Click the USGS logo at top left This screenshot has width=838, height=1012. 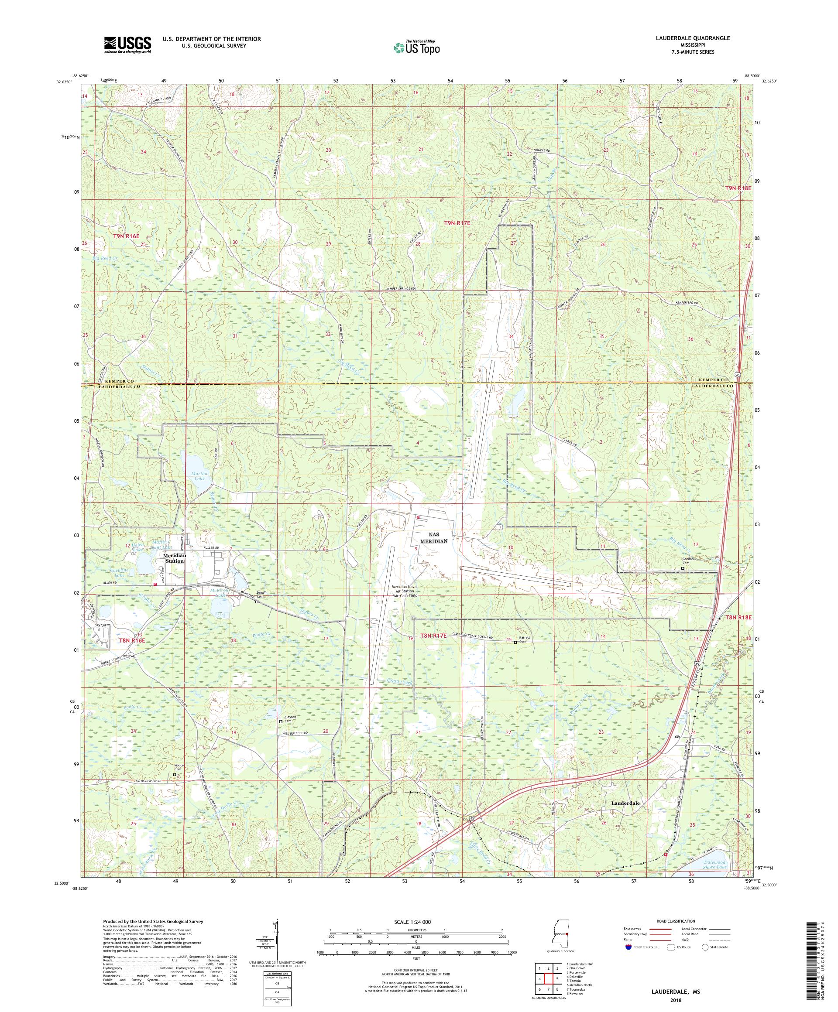click(x=127, y=45)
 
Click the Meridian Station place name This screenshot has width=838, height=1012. click(x=173, y=558)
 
